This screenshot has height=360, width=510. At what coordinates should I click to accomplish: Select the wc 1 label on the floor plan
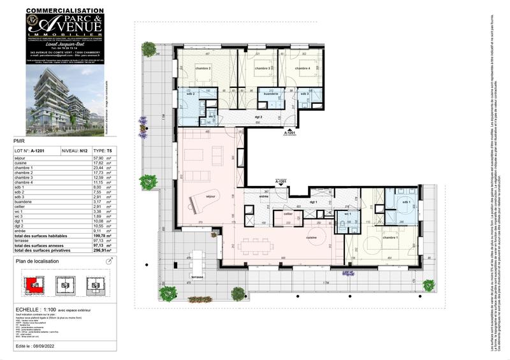click(347, 213)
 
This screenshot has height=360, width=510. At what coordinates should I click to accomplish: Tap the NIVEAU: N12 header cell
click(74, 151)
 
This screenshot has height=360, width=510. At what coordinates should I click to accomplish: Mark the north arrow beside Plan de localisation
click(108, 261)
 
